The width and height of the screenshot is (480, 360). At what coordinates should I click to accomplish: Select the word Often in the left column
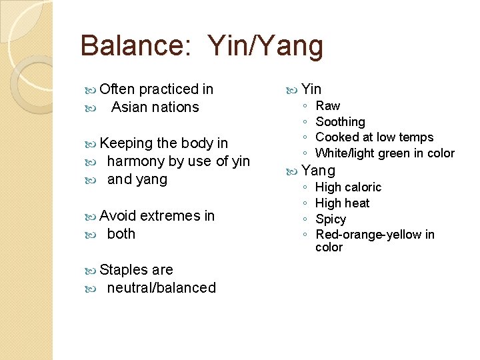pyautogui.click(x=117, y=89)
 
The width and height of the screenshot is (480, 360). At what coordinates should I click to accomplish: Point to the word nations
pyautogui.click(x=176, y=107)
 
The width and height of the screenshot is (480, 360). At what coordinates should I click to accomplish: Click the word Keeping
pyautogui.click(x=126, y=143)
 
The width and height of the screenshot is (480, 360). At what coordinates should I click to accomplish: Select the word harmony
pyautogui.click(x=135, y=161)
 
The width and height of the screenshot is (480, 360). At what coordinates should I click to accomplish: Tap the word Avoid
pyautogui.click(x=118, y=216)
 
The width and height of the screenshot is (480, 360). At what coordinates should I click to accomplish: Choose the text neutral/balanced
pyautogui.click(x=161, y=288)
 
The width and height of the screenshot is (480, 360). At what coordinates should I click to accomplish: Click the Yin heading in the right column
pyautogui.click(x=311, y=89)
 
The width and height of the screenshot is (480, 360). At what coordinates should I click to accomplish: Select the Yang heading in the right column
pyautogui.click(x=318, y=171)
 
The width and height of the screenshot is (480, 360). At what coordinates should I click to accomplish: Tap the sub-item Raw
pyautogui.click(x=327, y=106)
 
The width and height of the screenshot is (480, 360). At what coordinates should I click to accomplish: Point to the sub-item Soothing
pyautogui.click(x=340, y=122)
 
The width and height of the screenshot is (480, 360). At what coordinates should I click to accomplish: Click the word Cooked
pyautogui.click(x=337, y=137)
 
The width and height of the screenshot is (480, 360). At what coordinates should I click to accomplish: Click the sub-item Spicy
pyautogui.click(x=331, y=219)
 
